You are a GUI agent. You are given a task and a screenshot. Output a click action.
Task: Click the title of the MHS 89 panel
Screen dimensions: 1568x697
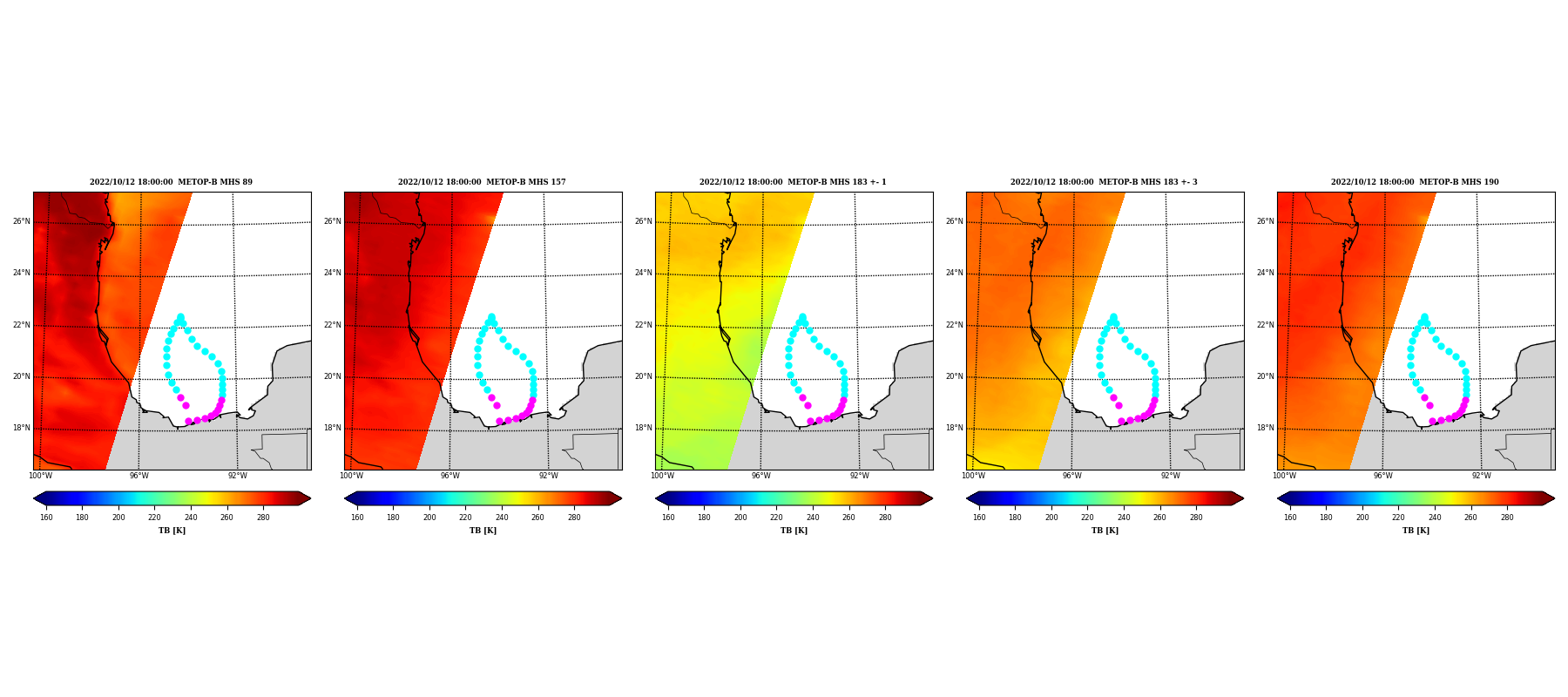click(x=171, y=182)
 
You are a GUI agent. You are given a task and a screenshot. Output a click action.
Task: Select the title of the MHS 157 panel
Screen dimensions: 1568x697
click(x=482, y=182)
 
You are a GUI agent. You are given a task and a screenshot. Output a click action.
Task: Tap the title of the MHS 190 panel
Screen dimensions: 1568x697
click(x=1415, y=182)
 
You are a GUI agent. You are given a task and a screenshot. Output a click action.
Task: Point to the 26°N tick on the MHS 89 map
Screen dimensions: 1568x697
click(x=21, y=221)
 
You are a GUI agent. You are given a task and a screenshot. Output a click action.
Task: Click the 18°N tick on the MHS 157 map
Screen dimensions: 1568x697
click(x=332, y=428)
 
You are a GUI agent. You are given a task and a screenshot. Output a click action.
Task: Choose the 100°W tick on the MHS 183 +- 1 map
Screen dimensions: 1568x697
click(x=662, y=476)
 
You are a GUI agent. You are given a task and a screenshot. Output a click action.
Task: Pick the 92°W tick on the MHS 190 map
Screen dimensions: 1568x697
click(x=1482, y=476)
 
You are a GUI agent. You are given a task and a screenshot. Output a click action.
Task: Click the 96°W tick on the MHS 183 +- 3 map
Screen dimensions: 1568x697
click(x=1071, y=476)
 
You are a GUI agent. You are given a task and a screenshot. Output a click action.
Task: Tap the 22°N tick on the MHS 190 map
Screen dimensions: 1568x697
click(x=1265, y=325)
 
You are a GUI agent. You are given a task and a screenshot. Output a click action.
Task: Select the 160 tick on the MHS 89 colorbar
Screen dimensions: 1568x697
click(x=46, y=518)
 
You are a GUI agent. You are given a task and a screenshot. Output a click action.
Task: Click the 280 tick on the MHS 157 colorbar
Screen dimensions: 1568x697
click(x=574, y=518)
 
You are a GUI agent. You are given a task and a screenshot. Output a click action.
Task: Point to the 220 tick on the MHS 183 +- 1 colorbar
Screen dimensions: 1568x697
click(x=776, y=518)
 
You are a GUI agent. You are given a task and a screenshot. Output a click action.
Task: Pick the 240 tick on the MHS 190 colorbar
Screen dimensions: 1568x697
click(x=1435, y=518)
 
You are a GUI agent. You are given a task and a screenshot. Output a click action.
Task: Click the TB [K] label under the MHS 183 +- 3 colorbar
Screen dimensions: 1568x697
click(x=1105, y=531)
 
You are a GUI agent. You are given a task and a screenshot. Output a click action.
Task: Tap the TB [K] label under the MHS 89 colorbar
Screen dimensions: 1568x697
click(x=172, y=531)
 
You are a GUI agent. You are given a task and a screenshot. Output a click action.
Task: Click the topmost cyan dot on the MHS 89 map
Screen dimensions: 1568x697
click(x=180, y=317)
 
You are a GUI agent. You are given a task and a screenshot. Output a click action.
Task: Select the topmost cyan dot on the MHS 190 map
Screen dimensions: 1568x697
click(x=1424, y=317)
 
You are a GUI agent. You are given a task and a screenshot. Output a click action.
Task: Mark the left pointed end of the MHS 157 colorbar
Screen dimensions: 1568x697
click(x=345, y=498)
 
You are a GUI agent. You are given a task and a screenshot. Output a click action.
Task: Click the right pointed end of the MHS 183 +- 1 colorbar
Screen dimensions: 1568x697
click(x=932, y=498)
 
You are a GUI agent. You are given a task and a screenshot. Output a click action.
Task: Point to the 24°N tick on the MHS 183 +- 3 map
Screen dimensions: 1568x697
click(x=954, y=273)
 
